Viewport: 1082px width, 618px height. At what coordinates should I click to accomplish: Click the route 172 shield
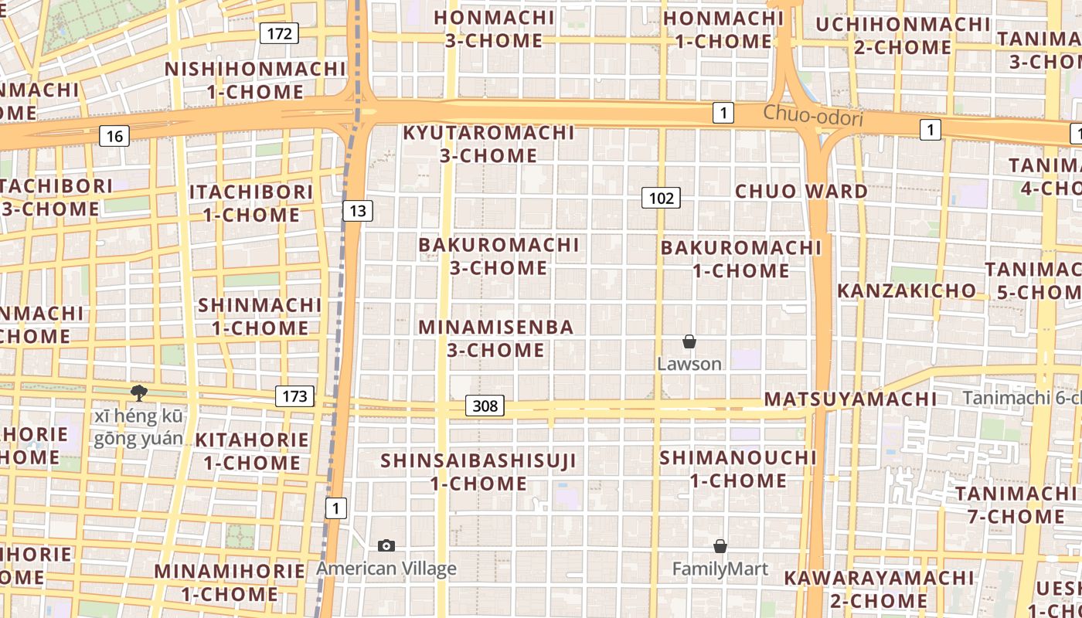click(279, 33)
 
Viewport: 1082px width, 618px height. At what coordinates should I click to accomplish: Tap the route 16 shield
click(114, 137)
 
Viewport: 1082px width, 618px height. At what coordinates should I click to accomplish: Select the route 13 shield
click(358, 211)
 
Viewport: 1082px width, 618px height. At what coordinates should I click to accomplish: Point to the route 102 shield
click(661, 199)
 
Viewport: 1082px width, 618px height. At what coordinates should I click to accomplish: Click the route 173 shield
click(294, 397)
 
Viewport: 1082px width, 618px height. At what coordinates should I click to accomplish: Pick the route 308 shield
click(485, 406)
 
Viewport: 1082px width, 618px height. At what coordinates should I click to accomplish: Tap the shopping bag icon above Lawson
click(689, 341)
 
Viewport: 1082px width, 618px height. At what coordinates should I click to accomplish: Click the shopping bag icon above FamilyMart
click(720, 546)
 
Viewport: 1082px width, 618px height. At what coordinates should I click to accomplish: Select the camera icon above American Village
click(386, 546)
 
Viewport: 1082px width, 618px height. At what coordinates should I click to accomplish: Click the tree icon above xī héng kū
click(139, 393)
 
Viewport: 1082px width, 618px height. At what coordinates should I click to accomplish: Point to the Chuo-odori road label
click(813, 117)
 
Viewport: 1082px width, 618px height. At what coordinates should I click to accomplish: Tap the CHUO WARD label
click(801, 191)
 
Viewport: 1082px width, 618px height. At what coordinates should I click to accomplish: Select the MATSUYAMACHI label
click(850, 399)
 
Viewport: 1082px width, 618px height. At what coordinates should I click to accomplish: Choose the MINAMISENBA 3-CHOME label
click(496, 338)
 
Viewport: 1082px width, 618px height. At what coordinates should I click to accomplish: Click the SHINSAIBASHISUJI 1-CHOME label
click(478, 472)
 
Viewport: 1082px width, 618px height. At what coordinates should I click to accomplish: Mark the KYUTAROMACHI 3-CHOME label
click(488, 144)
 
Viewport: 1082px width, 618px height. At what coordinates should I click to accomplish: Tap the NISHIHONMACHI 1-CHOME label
click(255, 80)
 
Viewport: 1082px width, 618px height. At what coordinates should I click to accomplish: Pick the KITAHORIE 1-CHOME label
click(252, 451)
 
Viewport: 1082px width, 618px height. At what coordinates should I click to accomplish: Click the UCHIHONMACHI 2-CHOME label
click(903, 36)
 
